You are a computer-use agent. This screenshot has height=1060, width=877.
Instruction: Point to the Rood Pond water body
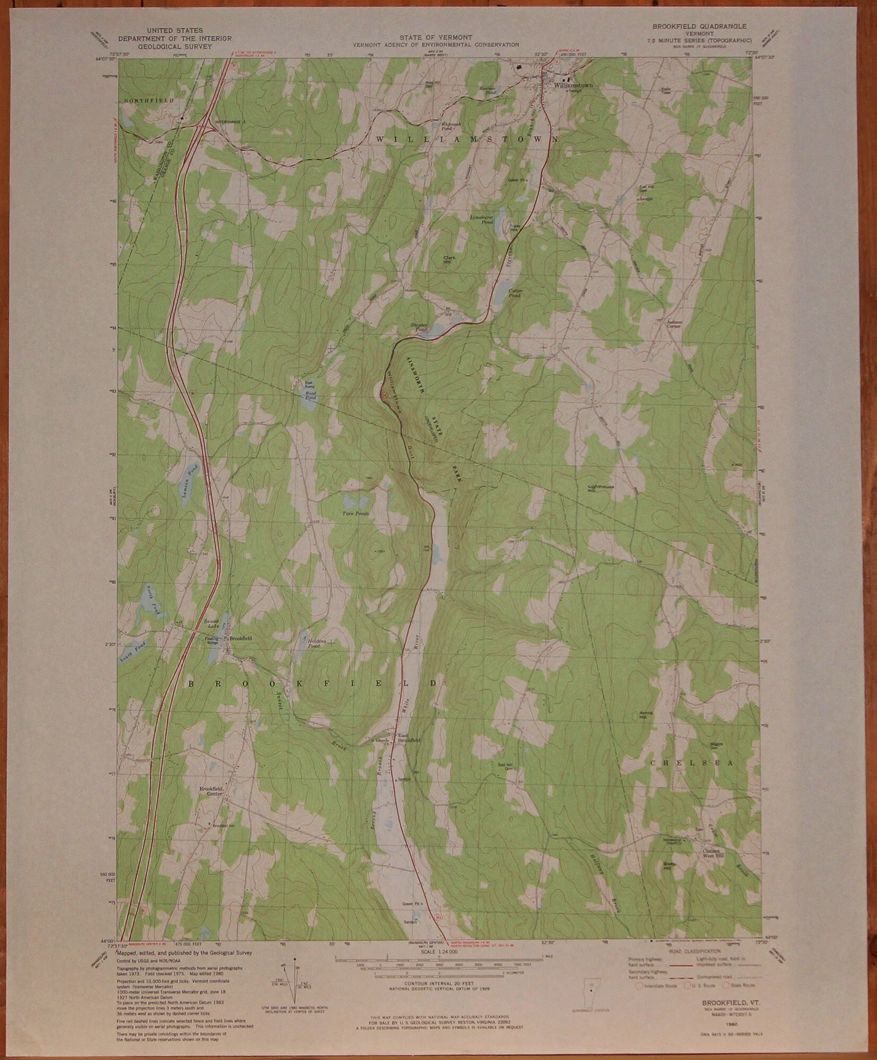pos(307,401)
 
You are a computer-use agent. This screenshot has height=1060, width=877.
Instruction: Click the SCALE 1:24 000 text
pos(439,952)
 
